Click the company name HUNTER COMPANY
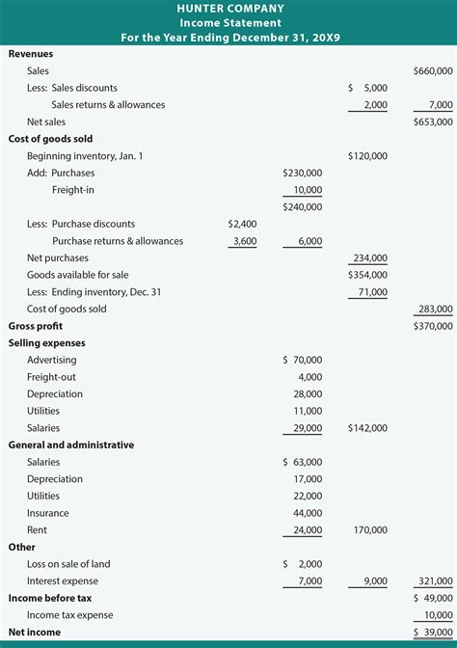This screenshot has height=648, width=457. [228, 8]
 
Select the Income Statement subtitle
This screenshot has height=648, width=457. [228, 22]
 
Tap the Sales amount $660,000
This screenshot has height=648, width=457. [432, 71]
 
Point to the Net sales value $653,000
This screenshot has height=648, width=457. [432, 121]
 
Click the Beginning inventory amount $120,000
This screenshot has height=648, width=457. [367, 155]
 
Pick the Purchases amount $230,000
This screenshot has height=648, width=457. [303, 173]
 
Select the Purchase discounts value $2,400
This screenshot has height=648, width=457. [242, 224]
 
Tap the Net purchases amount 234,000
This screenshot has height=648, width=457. [370, 258]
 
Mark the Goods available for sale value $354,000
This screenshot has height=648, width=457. [367, 275]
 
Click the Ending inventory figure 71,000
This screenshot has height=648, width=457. [373, 292]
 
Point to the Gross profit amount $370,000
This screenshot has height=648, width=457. [432, 327]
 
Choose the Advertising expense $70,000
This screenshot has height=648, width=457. [303, 360]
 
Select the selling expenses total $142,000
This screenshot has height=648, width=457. [367, 428]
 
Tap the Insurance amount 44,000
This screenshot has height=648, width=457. [306, 513]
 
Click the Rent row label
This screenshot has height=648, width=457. [37, 530]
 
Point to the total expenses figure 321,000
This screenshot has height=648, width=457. [435, 581]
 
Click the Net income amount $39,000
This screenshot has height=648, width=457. [432, 632]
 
